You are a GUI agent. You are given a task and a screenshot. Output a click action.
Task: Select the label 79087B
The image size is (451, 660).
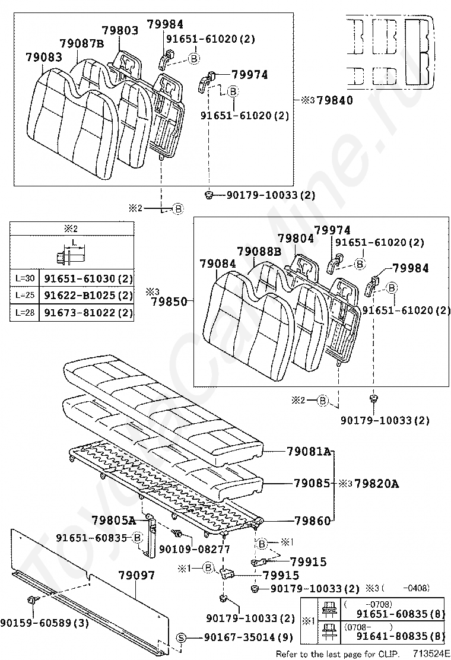tap(82, 43)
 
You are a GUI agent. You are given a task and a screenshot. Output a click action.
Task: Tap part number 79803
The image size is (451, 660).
tap(120, 30)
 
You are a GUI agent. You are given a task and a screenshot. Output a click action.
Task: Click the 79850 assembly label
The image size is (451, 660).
tap(168, 302)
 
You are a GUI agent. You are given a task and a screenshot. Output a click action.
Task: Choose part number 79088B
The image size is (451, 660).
tap(259, 251)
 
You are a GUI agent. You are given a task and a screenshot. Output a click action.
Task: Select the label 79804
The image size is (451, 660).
tap(296, 238)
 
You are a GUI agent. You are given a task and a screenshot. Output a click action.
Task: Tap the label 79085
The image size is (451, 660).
tap(312, 483)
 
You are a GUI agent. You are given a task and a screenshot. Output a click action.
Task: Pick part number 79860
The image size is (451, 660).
tap(312, 521)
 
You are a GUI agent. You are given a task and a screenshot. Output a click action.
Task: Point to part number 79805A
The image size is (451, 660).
tap(115, 521)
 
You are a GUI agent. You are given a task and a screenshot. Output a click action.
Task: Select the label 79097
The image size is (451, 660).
tap(136, 575)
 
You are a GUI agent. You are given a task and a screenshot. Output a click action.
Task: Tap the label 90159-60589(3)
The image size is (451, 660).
tap(45, 623)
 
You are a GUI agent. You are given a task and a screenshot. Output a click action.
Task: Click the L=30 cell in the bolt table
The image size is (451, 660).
tap(24, 278)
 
